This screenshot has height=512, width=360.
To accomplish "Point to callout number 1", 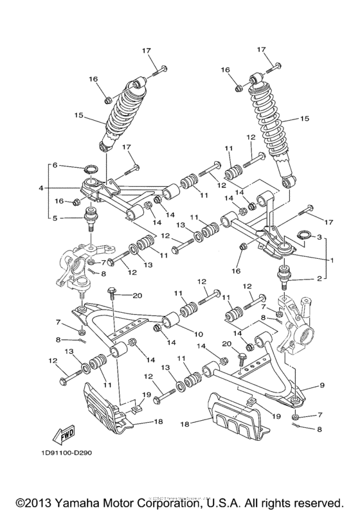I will click(333, 261).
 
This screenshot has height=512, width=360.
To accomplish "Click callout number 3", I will click(319, 237).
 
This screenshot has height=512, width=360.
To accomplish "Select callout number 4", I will click(41, 188).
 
